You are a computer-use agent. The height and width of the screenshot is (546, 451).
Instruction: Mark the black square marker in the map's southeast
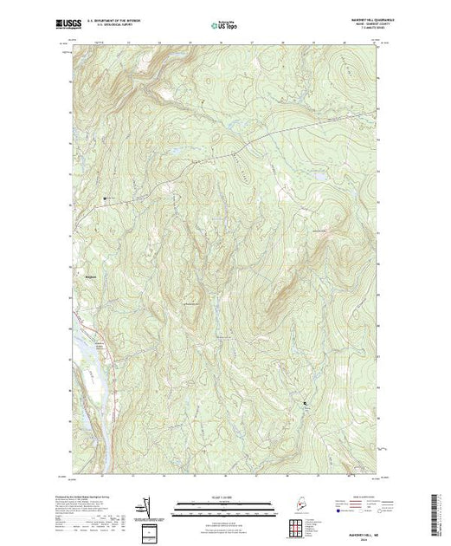point(305,403)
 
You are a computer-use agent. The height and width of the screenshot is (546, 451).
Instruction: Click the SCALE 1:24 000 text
point(225,497)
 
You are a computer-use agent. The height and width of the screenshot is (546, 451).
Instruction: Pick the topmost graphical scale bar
point(225,503)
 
